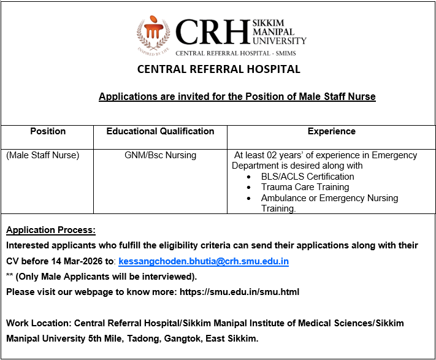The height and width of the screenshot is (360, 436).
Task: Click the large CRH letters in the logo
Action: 212,32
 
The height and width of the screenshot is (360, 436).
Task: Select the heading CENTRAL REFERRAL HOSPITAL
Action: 219,69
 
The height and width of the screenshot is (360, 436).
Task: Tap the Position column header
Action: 48,131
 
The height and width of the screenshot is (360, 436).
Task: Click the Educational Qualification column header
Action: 160,131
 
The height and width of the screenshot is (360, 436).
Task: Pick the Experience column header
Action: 331,131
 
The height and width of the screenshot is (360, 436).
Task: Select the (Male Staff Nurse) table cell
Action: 43,155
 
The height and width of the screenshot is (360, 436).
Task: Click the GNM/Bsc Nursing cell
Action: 160,155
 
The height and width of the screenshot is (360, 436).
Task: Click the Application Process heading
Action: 51,231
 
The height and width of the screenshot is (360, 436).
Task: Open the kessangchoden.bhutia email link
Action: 204,261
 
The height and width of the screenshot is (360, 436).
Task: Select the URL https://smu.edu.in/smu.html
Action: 239,292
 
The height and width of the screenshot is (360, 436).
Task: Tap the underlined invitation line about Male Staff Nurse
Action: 237,97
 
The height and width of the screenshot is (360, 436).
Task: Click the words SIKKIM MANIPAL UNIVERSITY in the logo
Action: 278,32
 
